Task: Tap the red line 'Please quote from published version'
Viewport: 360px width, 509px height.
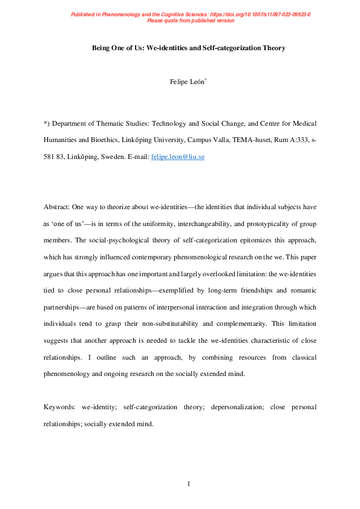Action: click(191, 20)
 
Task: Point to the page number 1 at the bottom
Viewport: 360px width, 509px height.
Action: click(189, 484)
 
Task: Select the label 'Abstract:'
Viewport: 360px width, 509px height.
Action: click(59, 207)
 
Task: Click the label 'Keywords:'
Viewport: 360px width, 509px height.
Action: click(61, 407)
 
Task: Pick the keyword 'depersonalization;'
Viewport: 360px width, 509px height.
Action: click(235, 407)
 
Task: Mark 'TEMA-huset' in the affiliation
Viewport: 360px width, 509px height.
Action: click(244, 139)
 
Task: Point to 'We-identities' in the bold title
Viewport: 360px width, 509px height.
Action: click(170, 47)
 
